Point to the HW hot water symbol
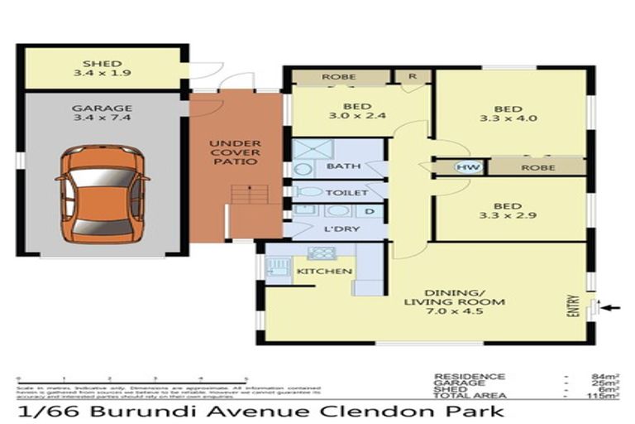click(463, 166)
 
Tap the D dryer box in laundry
click(369, 211)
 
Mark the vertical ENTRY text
click(572, 306)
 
